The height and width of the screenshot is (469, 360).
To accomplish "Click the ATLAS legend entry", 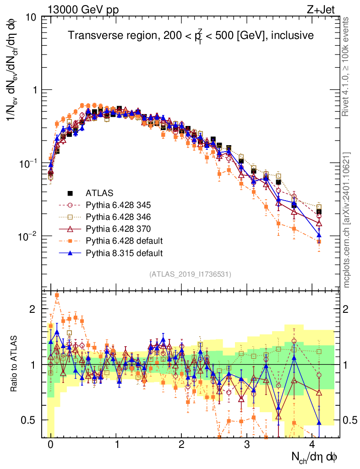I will [x=98, y=193].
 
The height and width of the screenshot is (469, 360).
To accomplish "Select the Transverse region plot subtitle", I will [x=191, y=36].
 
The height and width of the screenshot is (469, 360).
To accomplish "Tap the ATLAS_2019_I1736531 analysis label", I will [x=190, y=274].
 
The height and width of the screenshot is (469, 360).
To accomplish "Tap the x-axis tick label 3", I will [x=247, y=445].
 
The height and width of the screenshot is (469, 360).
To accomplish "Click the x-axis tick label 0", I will [x=50, y=445].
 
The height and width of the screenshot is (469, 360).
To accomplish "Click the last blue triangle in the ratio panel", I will [x=319, y=422].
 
